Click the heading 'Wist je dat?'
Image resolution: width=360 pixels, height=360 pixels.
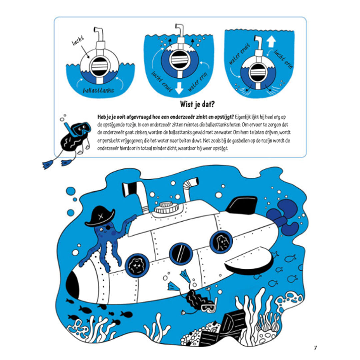[197, 104]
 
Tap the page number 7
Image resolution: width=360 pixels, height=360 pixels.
[315, 348]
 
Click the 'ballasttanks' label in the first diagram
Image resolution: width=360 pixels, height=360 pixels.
[98, 90]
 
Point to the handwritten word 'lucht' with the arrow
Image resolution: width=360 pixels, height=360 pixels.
[78, 41]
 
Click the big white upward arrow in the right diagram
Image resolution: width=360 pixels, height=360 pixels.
[271, 42]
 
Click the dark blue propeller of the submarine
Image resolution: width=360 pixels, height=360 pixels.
[283, 217]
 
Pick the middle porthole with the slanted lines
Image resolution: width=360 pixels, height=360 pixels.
[181, 253]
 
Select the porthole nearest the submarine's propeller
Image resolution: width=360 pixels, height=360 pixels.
[221, 242]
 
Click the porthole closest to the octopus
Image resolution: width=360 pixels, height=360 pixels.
[137, 265]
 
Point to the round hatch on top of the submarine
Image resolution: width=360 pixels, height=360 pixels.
[166, 207]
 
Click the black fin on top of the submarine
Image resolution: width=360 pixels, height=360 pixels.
[242, 204]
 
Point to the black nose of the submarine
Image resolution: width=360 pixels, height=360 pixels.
[73, 282]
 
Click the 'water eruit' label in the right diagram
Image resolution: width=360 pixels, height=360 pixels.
[239, 54]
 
